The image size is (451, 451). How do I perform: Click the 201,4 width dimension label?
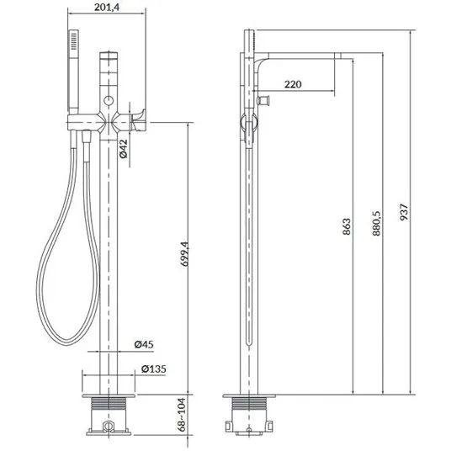click(x=106, y=7)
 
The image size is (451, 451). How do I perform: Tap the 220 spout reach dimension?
click(x=293, y=84)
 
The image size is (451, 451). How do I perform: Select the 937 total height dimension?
click(x=404, y=212)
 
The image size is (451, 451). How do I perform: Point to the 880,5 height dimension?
click(x=376, y=223)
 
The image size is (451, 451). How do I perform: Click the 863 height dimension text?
click(x=347, y=226)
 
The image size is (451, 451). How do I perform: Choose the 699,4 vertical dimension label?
click(x=184, y=254)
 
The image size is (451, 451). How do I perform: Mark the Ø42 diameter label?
click(x=123, y=149)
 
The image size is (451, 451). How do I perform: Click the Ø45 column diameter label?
click(x=144, y=344)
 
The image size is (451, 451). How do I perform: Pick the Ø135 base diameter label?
click(x=154, y=369)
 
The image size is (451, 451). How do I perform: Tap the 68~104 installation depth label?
click(x=182, y=415)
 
